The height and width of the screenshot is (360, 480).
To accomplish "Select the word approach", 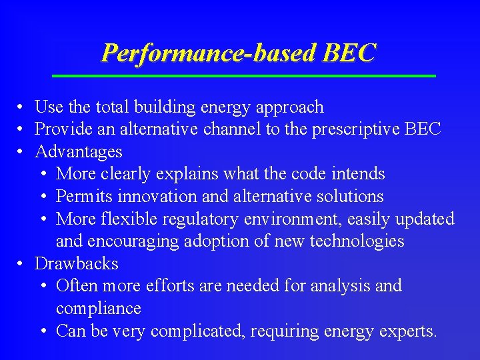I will coord(291,107).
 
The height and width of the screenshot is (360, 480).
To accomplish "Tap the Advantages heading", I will coord(78,152).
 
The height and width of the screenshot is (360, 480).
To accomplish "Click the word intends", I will coord(361,174).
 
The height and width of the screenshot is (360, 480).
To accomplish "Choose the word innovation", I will coord(151,197).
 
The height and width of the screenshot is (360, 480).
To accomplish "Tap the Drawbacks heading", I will coord(76,263).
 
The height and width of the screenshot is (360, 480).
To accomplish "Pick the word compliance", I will coord(98,309).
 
